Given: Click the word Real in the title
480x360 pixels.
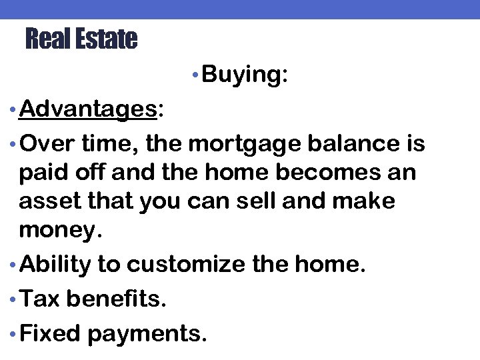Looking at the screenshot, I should (x=47, y=39).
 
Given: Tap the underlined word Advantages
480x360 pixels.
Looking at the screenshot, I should (x=88, y=109).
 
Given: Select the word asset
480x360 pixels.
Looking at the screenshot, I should (x=44, y=201).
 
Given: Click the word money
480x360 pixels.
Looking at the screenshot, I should (x=58, y=231).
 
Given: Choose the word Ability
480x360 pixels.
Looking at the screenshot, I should (x=55, y=265).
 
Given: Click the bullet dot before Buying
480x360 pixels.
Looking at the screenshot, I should (x=193, y=75).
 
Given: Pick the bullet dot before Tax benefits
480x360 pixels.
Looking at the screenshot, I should (x=12, y=299).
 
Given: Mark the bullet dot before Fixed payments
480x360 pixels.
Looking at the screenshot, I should (x=12, y=333).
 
